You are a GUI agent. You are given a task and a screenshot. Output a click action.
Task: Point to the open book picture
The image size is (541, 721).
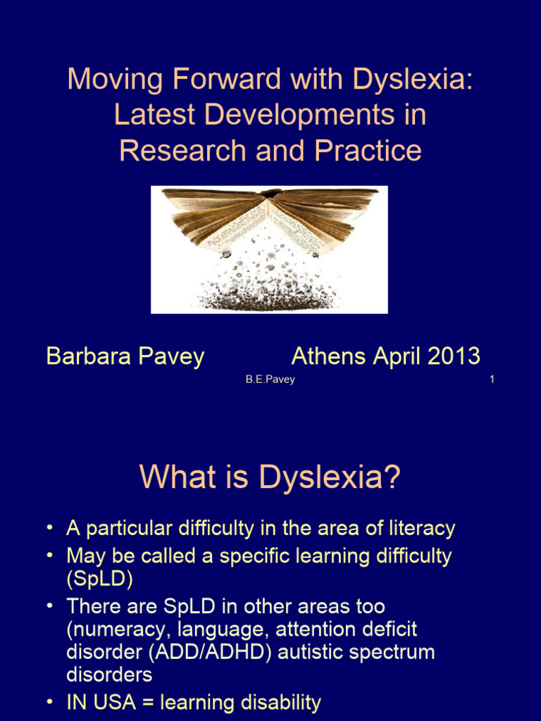pyautogui.click(x=269, y=249)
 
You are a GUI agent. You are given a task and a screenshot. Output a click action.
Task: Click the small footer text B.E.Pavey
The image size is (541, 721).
pyautogui.click(x=270, y=380)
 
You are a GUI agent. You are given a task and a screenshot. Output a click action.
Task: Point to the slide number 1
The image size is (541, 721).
pyautogui.click(x=492, y=380)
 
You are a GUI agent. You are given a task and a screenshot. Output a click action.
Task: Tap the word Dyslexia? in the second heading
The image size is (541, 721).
pyautogui.click(x=330, y=477)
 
